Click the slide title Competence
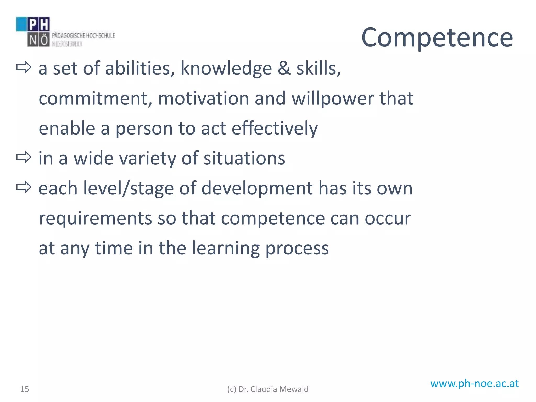pyautogui.click(x=437, y=38)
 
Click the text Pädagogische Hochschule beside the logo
pyautogui.click(x=83, y=36)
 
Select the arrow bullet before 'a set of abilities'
pyautogui.click(x=24, y=68)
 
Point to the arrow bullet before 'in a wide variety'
pyautogui.click(x=24, y=157)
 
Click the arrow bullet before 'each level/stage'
pyautogui.click(x=24, y=187)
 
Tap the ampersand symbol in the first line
pyautogui.click(x=284, y=69)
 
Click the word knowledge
pyautogui.click(x=226, y=69)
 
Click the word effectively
pyautogui.click(x=275, y=129)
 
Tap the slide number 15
pyautogui.click(x=25, y=389)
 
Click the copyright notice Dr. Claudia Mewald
pyautogui.click(x=268, y=389)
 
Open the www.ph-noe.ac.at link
pyautogui.click(x=474, y=383)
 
